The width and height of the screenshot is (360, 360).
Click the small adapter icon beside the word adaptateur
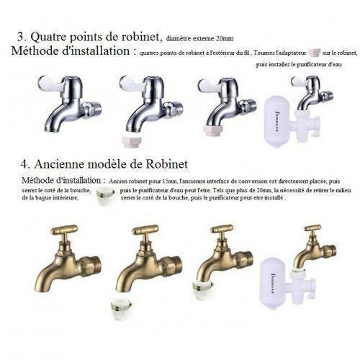(312, 53)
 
